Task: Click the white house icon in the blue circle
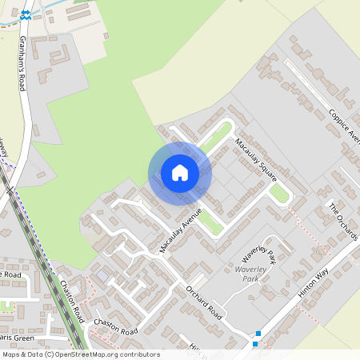(180, 173)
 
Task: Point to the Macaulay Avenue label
(181, 230)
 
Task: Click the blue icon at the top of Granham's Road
(26, 14)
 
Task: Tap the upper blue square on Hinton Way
(258, 334)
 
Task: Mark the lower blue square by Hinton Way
(255, 344)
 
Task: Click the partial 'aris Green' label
(17, 338)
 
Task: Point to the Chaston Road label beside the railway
(71, 299)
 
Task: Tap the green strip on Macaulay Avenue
(210, 222)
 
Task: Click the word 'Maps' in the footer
(11, 354)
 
